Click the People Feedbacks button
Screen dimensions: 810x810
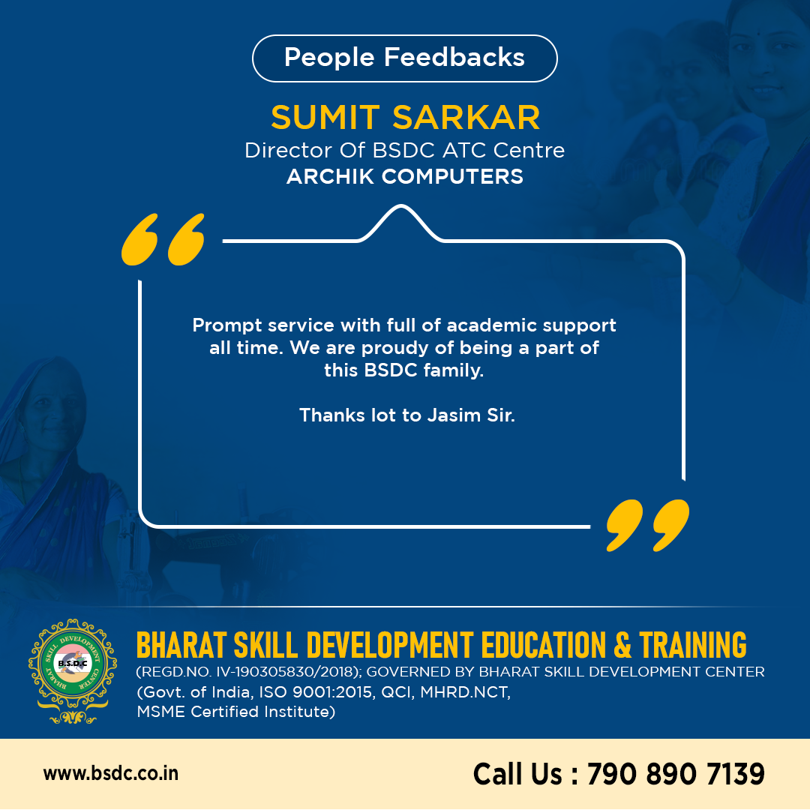[x=404, y=58]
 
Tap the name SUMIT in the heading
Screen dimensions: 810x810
[x=325, y=117]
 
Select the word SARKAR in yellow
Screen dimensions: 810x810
[x=466, y=117]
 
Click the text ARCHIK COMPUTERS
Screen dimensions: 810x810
[x=404, y=177]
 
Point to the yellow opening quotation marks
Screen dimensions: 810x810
[x=163, y=239]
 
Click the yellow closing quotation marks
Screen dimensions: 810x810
[x=648, y=525]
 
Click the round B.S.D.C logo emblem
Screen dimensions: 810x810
[x=73, y=670]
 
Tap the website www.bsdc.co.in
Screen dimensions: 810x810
[x=111, y=773]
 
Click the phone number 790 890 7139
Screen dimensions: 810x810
[x=676, y=774]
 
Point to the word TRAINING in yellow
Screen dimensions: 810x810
[x=693, y=645]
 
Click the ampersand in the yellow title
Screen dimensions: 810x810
[x=622, y=645]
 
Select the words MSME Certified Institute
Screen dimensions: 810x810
[x=236, y=712]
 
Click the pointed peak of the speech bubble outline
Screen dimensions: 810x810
[x=400, y=206]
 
